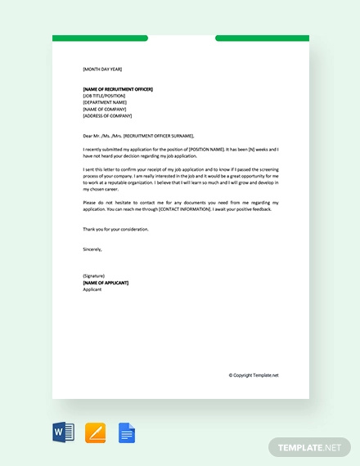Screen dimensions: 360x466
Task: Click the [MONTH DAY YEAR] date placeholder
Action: click(x=102, y=69)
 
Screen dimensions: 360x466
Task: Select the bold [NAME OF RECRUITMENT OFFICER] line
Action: click(x=118, y=89)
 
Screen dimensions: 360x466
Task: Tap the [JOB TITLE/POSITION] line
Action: click(x=105, y=96)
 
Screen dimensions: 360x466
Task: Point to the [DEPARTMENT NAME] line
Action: click(x=105, y=102)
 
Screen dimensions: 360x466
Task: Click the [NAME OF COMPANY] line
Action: click(x=104, y=109)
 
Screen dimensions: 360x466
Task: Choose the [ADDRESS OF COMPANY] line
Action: click(x=107, y=116)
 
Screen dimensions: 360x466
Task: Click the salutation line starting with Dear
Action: click(x=139, y=136)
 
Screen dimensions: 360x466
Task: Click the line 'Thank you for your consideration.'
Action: click(x=116, y=229)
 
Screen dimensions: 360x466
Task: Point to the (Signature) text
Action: click(x=95, y=276)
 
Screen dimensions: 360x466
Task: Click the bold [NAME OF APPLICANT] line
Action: click(x=106, y=283)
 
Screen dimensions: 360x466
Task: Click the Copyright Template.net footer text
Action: click(x=254, y=375)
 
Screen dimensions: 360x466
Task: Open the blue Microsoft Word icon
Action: click(x=63, y=432)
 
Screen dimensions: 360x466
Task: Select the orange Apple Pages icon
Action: click(x=95, y=432)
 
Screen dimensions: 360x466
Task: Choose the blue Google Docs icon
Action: click(x=126, y=432)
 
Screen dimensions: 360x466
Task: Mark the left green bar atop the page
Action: click(x=100, y=38)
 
